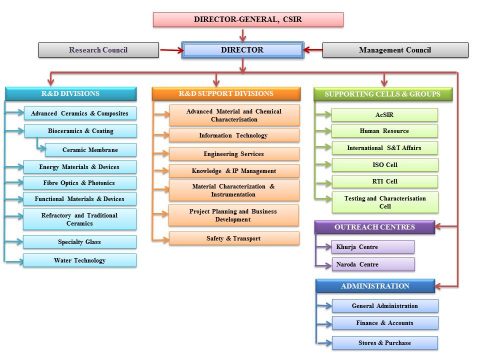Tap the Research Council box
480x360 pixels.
pyautogui.click(x=97, y=49)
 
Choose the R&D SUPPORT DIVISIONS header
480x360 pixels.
pyautogui.click(x=225, y=94)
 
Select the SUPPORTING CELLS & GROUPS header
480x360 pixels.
pyautogui.click(x=383, y=94)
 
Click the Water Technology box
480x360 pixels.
pyautogui.click(x=76, y=260)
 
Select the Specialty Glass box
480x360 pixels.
pyautogui.click(x=76, y=241)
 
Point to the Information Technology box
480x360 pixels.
pyautogui.click(x=231, y=134)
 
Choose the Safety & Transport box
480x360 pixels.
pyautogui.click(x=231, y=238)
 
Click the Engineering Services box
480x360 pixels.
pyautogui.click(x=231, y=154)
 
